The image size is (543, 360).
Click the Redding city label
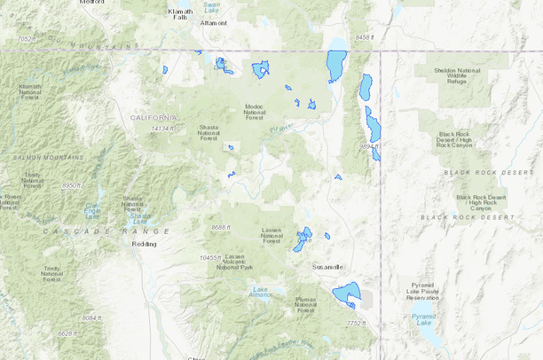click(144, 243)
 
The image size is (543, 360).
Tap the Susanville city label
click(327, 266)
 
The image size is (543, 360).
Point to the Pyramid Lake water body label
click(423, 318)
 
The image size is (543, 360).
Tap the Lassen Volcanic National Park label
click(235, 261)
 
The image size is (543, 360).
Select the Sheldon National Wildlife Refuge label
click(457, 75)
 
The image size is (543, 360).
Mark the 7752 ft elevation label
click(356, 324)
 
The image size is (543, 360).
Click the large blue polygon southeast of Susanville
click(347, 292)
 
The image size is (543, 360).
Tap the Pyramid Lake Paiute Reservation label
click(422, 293)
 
